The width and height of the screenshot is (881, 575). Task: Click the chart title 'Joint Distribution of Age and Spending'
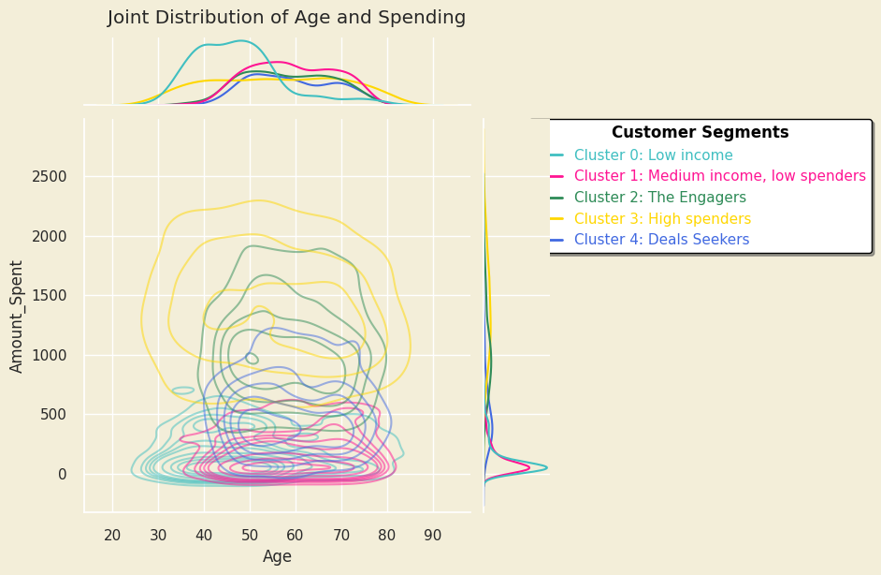(286, 18)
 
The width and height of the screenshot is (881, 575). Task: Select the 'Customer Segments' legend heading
(700, 133)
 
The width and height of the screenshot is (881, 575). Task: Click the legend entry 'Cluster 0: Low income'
(653, 155)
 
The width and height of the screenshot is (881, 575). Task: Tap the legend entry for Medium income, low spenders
(719, 176)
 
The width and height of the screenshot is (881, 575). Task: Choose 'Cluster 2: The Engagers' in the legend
(659, 198)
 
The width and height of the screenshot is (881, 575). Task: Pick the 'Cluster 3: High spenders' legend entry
(662, 219)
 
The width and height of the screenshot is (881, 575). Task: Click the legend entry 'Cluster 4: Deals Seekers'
(661, 240)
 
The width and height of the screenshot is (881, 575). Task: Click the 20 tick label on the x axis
(112, 535)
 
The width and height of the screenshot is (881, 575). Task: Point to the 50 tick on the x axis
(250, 535)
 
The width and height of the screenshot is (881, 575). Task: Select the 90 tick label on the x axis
(432, 535)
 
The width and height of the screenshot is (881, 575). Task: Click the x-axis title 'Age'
(277, 557)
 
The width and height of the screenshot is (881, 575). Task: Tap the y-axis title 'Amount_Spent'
(18, 316)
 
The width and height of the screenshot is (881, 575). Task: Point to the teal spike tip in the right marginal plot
(546, 467)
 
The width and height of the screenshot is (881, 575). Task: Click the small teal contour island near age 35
(183, 390)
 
